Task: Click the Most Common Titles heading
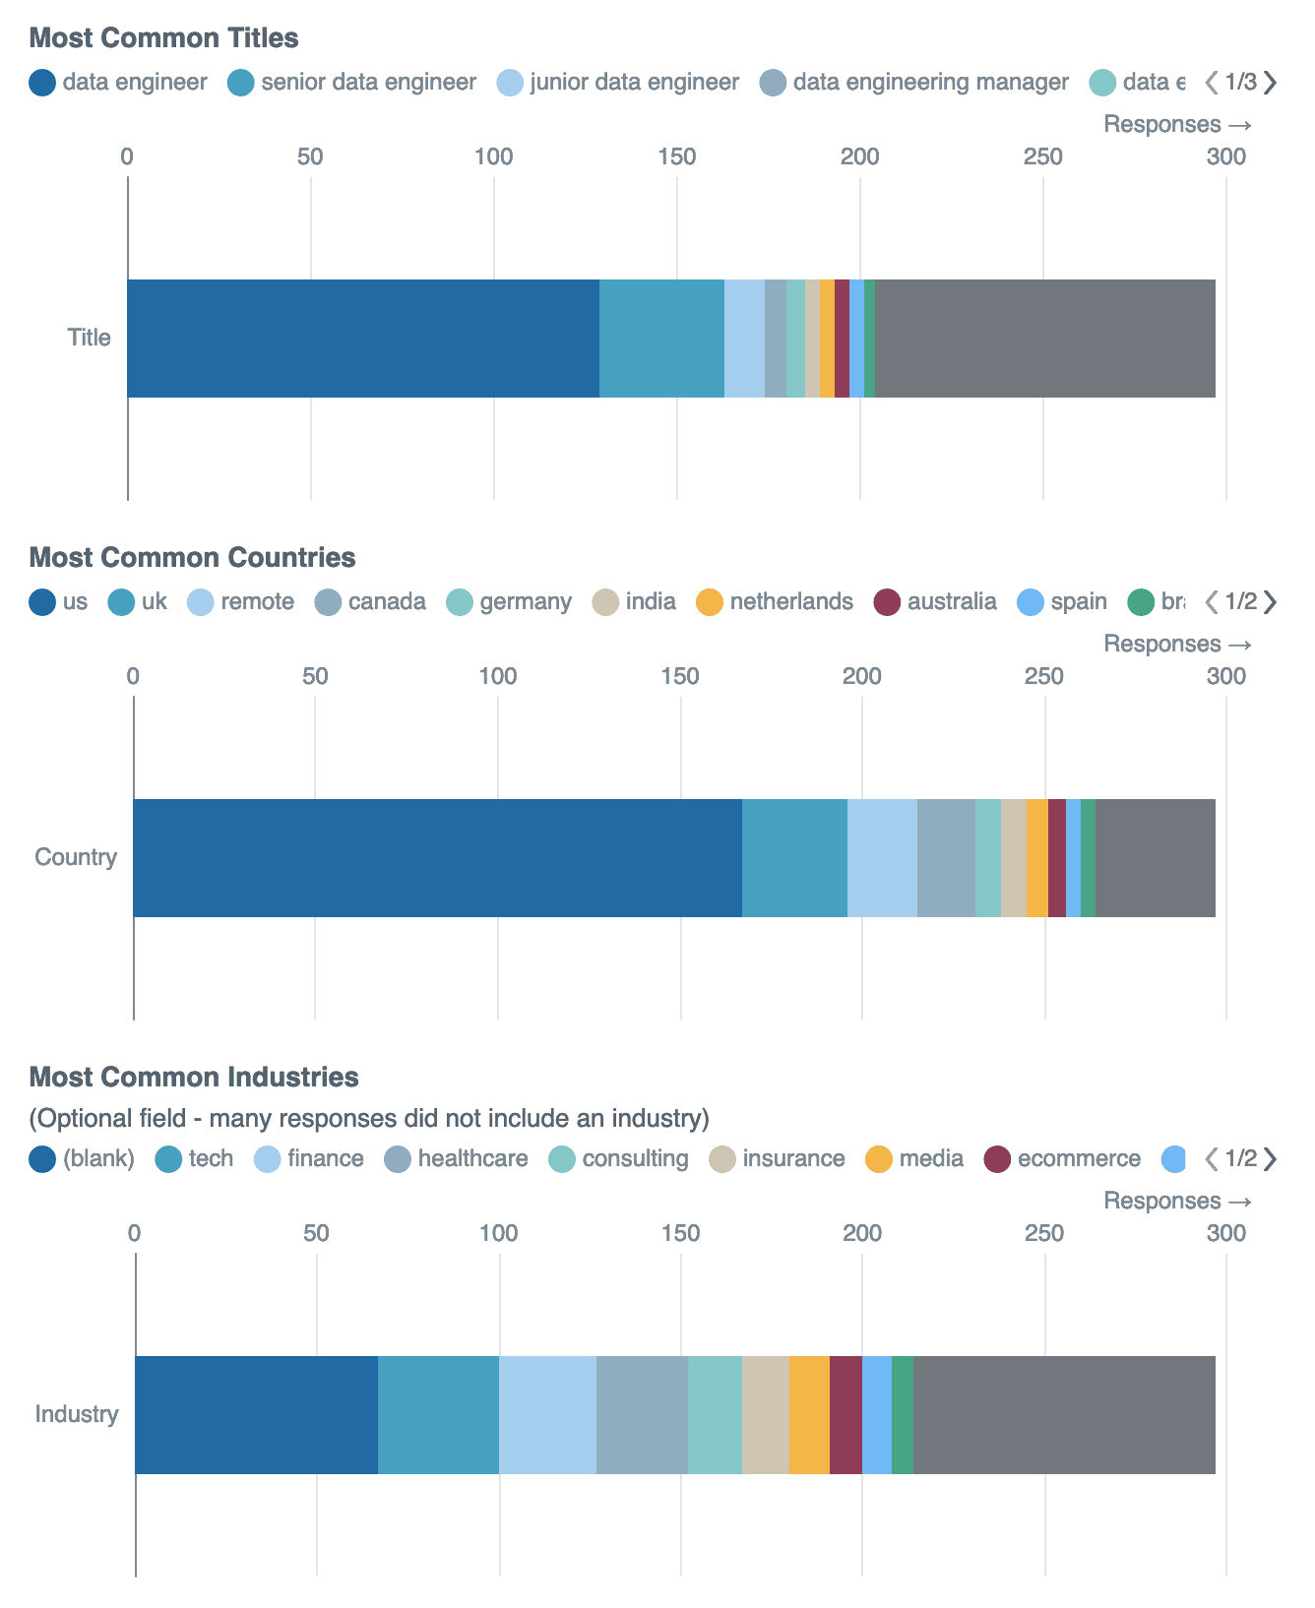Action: [163, 38]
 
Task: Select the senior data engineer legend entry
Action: [352, 83]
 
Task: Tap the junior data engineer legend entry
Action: [618, 83]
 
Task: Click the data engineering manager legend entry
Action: [915, 83]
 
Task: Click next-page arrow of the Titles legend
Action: [1271, 83]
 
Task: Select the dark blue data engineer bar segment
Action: [362, 339]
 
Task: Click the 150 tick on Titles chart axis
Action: [677, 156]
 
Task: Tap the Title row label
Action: [89, 338]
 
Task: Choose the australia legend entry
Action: [936, 602]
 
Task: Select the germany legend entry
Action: [510, 602]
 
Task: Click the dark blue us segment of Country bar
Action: [437, 858]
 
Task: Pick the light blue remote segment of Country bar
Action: [882, 858]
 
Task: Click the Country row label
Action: [76, 857]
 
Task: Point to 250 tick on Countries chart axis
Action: [1044, 676]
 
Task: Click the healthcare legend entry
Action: [457, 1159]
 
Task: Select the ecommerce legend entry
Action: [1063, 1159]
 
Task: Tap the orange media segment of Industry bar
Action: [809, 1415]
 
